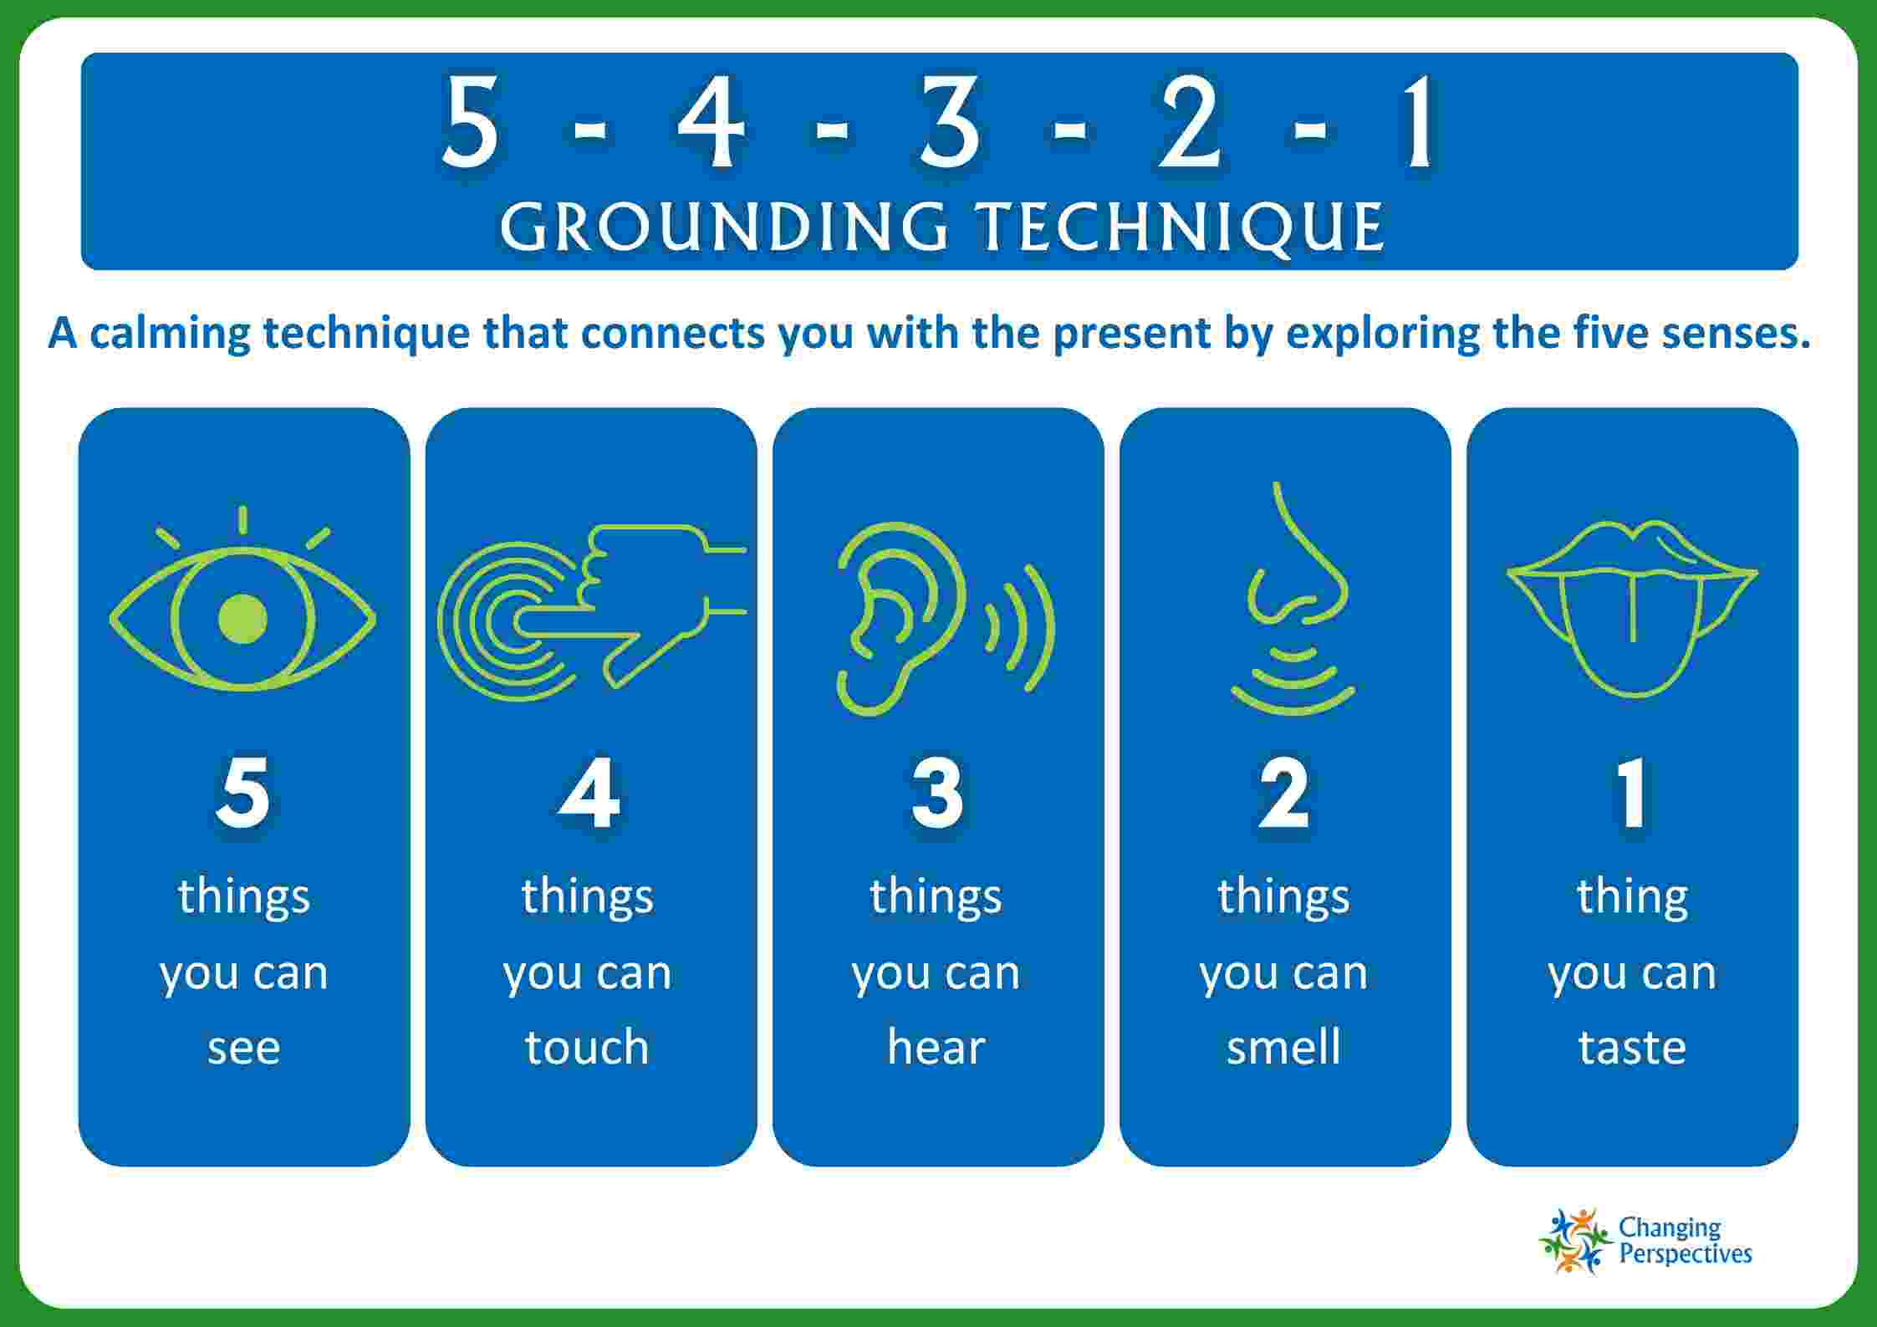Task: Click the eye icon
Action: coord(242,619)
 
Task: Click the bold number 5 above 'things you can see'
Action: coord(242,792)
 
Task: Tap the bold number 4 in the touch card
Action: coord(589,792)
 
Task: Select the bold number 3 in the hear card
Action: coord(937,792)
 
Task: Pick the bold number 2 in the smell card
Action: coord(1284,792)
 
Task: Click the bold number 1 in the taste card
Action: coord(1631,792)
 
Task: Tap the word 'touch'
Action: coord(587,1046)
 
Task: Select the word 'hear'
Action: coord(936,1046)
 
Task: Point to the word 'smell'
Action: coord(1283,1046)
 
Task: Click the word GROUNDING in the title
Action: coord(724,227)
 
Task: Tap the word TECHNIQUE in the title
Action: coord(1181,227)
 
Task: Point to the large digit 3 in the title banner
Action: coord(950,122)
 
